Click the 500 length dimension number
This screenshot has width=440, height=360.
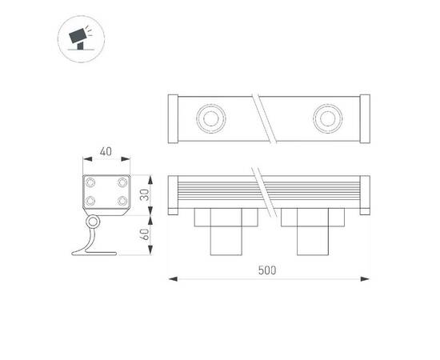pos(268,270)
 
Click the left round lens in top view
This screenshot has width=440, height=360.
pos(212,118)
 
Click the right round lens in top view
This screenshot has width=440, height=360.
pos(326,118)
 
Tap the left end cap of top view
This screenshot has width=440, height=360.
pos(172,118)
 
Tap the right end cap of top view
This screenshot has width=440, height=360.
pos(366,118)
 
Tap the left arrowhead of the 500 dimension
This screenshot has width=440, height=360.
pos(171,279)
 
